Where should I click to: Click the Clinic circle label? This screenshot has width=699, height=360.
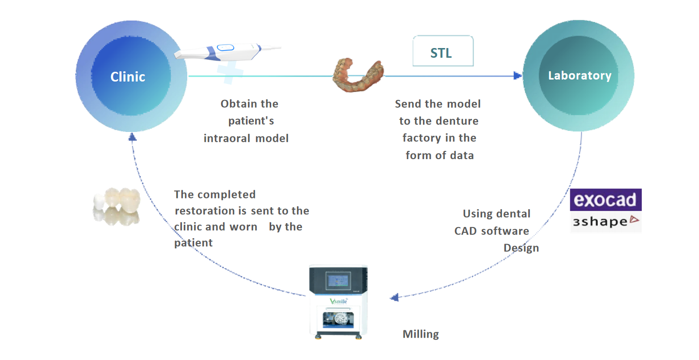pos(128,77)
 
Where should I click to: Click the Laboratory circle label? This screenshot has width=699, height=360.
pos(579,76)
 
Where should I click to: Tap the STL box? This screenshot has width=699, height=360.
pos(442,52)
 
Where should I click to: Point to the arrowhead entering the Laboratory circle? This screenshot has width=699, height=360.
pos(518,76)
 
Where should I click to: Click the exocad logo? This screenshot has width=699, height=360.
pos(605,200)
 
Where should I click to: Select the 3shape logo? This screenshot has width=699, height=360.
pos(605,222)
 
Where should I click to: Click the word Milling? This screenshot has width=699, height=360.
pos(421,334)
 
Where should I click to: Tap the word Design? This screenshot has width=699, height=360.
pos(521,248)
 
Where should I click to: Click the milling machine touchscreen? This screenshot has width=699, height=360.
pos(339,281)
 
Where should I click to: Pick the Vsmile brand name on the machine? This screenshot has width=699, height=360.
pos(338,301)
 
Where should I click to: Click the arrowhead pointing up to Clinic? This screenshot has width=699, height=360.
pos(132,137)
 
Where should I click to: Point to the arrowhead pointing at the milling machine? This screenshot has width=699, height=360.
pos(395,297)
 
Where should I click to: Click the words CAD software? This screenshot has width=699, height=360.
pos(491,231)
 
